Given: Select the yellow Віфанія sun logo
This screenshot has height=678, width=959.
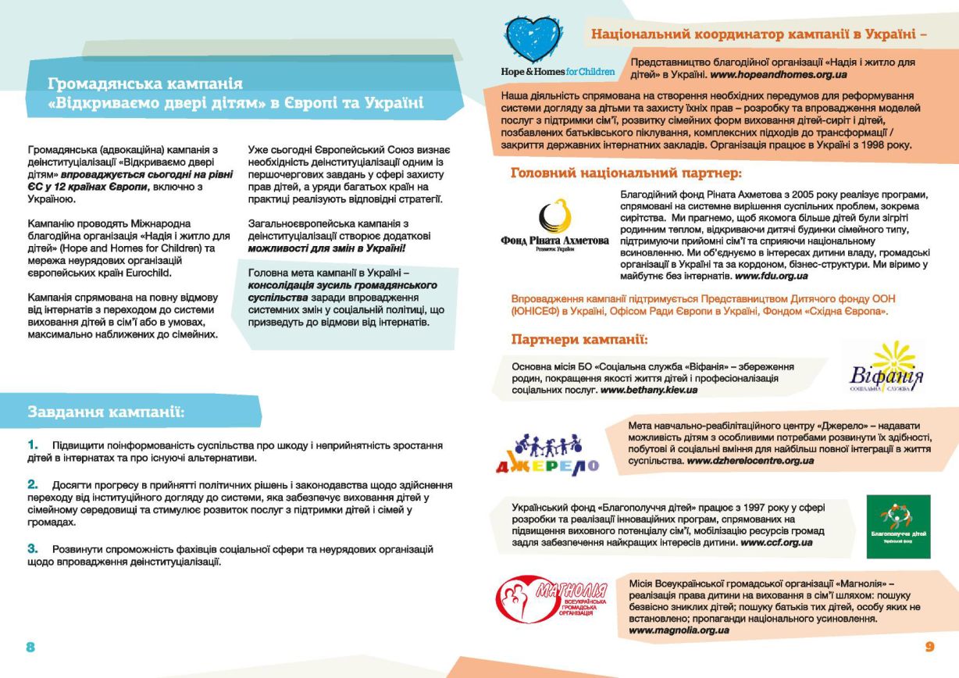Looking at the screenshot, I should tap(886, 366).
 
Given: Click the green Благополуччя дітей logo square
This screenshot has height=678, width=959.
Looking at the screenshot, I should tap(898, 526).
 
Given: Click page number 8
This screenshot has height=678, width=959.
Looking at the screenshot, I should tap(30, 647).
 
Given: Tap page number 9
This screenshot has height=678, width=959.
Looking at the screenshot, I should tap(929, 647).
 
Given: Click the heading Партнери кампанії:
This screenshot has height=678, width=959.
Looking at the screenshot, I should tap(579, 340).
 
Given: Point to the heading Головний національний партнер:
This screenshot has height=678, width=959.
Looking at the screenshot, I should tap(626, 173).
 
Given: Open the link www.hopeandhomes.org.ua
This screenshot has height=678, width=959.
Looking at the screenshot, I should tap(779, 74).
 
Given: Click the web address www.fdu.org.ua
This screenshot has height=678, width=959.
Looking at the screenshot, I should tap(772, 276).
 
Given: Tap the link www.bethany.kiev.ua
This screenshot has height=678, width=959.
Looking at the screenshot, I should tap(649, 389).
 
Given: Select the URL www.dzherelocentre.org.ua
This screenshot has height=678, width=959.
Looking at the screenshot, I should tap(750, 461).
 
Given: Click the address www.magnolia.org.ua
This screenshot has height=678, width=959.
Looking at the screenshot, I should tap(679, 630).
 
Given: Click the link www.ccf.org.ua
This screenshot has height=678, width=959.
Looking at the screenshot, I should tap(776, 542).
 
